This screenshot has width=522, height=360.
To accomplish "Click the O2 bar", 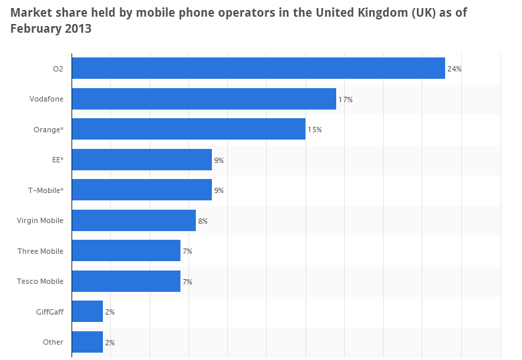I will (x=258, y=68).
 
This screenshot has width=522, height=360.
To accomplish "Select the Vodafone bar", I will (x=204, y=99).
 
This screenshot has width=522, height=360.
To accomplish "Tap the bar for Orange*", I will (x=188, y=129).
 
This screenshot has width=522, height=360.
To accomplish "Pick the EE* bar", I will (x=142, y=160).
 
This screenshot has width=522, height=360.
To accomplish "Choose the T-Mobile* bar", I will (x=142, y=190).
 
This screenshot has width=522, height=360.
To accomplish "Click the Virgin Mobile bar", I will (x=134, y=220).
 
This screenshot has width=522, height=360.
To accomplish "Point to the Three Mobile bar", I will (x=126, y=250).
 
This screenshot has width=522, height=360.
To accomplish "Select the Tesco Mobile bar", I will (x=126, y=281).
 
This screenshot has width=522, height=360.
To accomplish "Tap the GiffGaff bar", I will (x=87, y=311).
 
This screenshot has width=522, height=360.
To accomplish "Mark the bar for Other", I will (x=87, y=342).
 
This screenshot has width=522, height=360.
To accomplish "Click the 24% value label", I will (x=454, y=69).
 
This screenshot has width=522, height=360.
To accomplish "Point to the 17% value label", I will (x=346, y=100).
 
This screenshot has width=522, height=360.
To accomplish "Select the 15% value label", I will (x=315, y=130).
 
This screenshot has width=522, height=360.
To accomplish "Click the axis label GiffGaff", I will (x=49, y=311).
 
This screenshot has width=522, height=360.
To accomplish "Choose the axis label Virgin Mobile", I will (x=40, y=220).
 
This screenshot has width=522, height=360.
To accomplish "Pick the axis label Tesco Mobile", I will (x=40, y=281).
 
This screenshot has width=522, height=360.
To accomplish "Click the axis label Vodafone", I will (x=46, y=99).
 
